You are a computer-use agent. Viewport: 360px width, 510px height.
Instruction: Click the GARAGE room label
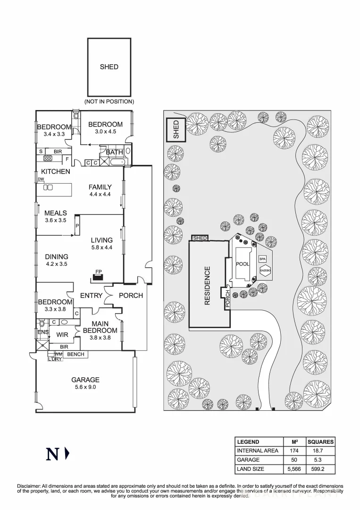click(85, 379)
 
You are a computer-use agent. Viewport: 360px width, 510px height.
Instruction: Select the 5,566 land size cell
click(294, 469)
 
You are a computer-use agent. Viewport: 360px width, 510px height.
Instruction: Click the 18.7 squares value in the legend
click(320, 451)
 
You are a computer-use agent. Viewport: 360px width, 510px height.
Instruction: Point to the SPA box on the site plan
click(262, 259)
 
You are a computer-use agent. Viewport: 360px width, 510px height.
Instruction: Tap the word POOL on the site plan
click(243, 264)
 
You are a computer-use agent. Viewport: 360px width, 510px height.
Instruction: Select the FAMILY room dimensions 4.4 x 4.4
click(100, 194)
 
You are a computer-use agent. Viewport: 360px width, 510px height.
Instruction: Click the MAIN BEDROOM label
click(100, 327)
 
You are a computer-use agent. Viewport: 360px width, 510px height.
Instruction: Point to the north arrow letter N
click(52, 454)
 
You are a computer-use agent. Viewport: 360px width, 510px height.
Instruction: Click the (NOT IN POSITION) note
click(109, 102)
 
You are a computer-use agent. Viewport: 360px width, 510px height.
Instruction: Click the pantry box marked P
click(77, 226)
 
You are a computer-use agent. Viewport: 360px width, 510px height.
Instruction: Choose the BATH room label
click(114, 152)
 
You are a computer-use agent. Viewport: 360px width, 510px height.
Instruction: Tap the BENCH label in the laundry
click(75, 354)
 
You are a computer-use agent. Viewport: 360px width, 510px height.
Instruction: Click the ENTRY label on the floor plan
click(91, 295)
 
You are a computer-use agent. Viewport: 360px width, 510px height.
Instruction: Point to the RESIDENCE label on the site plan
click(207, 286)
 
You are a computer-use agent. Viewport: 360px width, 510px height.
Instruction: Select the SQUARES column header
click(320, 442)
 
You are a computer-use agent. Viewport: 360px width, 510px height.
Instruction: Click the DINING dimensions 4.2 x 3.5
click(56, 264)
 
